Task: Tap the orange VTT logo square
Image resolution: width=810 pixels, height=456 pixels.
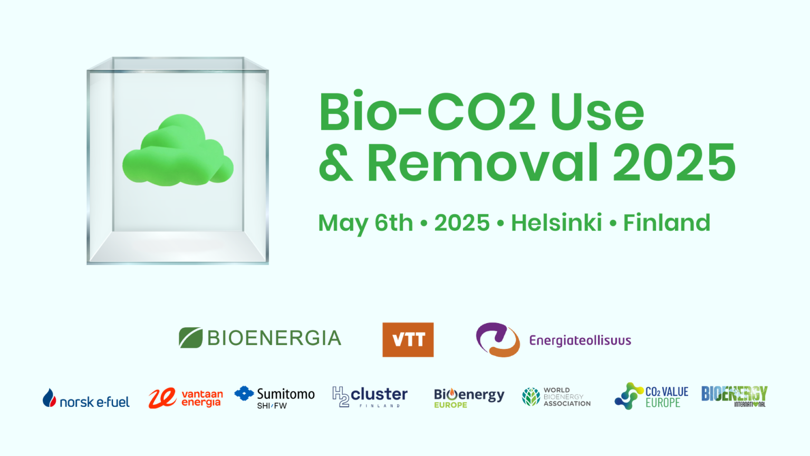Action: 408,339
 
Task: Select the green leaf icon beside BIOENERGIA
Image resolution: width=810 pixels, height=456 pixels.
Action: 190,338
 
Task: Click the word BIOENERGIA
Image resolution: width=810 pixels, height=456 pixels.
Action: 274,338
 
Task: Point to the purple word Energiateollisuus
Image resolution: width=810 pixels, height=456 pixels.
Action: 580,340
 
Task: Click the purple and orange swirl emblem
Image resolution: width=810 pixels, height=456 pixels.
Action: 498,339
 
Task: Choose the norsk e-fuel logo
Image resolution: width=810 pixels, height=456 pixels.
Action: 86,398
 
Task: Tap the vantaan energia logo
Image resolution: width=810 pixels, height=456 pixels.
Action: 186,398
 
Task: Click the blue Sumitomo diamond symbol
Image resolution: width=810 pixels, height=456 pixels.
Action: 244,393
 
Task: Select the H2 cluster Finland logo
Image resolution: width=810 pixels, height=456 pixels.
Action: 370,397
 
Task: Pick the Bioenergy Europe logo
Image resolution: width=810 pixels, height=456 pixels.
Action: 469,398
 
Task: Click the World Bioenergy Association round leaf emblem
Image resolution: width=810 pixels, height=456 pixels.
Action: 531,397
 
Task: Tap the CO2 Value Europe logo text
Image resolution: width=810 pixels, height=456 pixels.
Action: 667,397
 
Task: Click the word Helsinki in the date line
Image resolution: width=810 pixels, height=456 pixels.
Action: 556,222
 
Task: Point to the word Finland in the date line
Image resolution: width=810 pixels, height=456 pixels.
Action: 667,222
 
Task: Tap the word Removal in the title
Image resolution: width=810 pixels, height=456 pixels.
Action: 483,162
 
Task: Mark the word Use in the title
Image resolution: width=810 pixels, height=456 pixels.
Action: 597,111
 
